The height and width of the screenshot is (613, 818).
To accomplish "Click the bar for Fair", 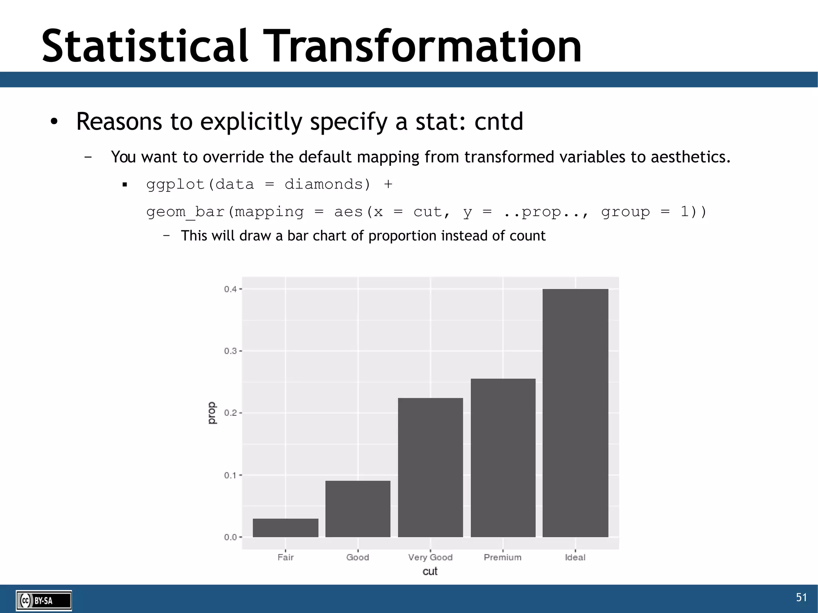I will [x=286, y=528].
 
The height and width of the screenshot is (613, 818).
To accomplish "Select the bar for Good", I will [x=358, y=509].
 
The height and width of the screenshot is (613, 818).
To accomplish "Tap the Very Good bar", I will [x=431, y=467].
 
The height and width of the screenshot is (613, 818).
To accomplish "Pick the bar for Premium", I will [x=503, y=458].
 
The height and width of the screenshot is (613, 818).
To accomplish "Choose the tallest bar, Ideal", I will [x=575, y=413].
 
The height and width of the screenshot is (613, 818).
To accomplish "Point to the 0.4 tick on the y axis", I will [x=230, y=289].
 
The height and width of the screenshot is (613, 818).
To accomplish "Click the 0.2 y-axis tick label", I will [x=230, y=413].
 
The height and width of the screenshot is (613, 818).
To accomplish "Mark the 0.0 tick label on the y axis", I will [x=230, y=537].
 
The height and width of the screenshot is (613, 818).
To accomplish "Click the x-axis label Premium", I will [x=502, y=557].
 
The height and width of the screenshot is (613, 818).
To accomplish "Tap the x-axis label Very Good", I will [x=430, y=557].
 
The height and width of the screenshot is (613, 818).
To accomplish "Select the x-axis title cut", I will [x=430, y=571].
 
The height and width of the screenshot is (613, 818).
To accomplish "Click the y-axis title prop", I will [x=212, y=413].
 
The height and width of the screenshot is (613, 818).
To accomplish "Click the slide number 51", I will [x=801, y=597].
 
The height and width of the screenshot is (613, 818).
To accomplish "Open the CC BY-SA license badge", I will [x=44, y=601].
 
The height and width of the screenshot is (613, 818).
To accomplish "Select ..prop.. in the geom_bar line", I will [x=545, y=212].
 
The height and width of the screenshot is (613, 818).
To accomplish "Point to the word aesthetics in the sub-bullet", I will [x=690, y=157].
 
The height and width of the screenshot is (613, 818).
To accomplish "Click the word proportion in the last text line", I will [x=402, y=236].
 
